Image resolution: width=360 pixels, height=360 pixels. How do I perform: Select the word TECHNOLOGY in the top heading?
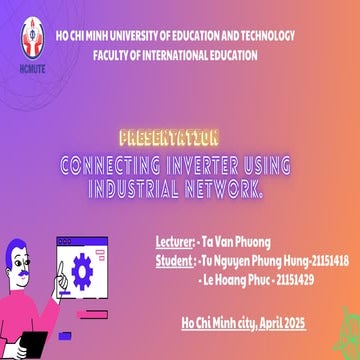point(264,35)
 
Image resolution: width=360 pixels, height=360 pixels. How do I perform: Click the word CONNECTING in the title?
point(109,163)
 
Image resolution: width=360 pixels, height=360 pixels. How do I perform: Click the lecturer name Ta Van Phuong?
point(236,242)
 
